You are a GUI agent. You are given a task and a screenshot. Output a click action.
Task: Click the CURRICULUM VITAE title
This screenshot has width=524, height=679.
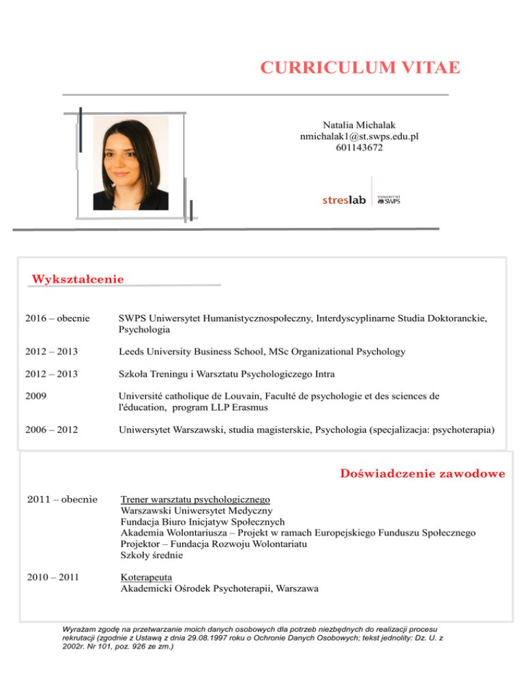(x=360, y=68)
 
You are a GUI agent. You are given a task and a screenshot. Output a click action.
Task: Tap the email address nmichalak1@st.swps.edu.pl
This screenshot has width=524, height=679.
(x=359, y=137)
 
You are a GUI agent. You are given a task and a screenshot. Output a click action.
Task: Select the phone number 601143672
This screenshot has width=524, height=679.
(x=359, y=147)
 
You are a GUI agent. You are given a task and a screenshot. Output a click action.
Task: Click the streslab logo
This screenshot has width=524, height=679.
(x=345, y=201)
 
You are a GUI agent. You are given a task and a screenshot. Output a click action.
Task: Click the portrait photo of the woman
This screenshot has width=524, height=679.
(x=130, y=163)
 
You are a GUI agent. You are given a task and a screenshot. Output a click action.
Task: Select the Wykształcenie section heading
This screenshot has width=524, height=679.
(x=78, y=279)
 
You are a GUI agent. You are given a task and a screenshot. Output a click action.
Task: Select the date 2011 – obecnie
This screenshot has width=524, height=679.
(x=57, y=499)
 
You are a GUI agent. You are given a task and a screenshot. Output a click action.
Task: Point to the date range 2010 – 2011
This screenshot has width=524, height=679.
(x=52, y=577)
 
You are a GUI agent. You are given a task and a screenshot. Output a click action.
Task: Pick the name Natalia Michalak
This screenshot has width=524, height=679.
(x=359, y=126)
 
